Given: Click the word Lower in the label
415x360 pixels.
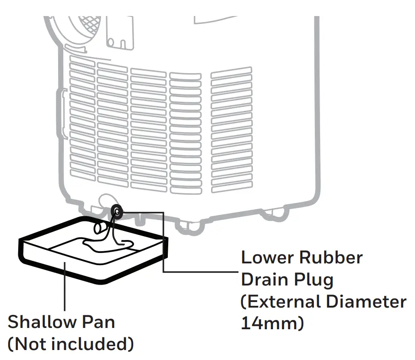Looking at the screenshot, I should [x=266, y=258].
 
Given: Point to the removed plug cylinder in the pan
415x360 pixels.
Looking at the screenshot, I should [x=99, y=228].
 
